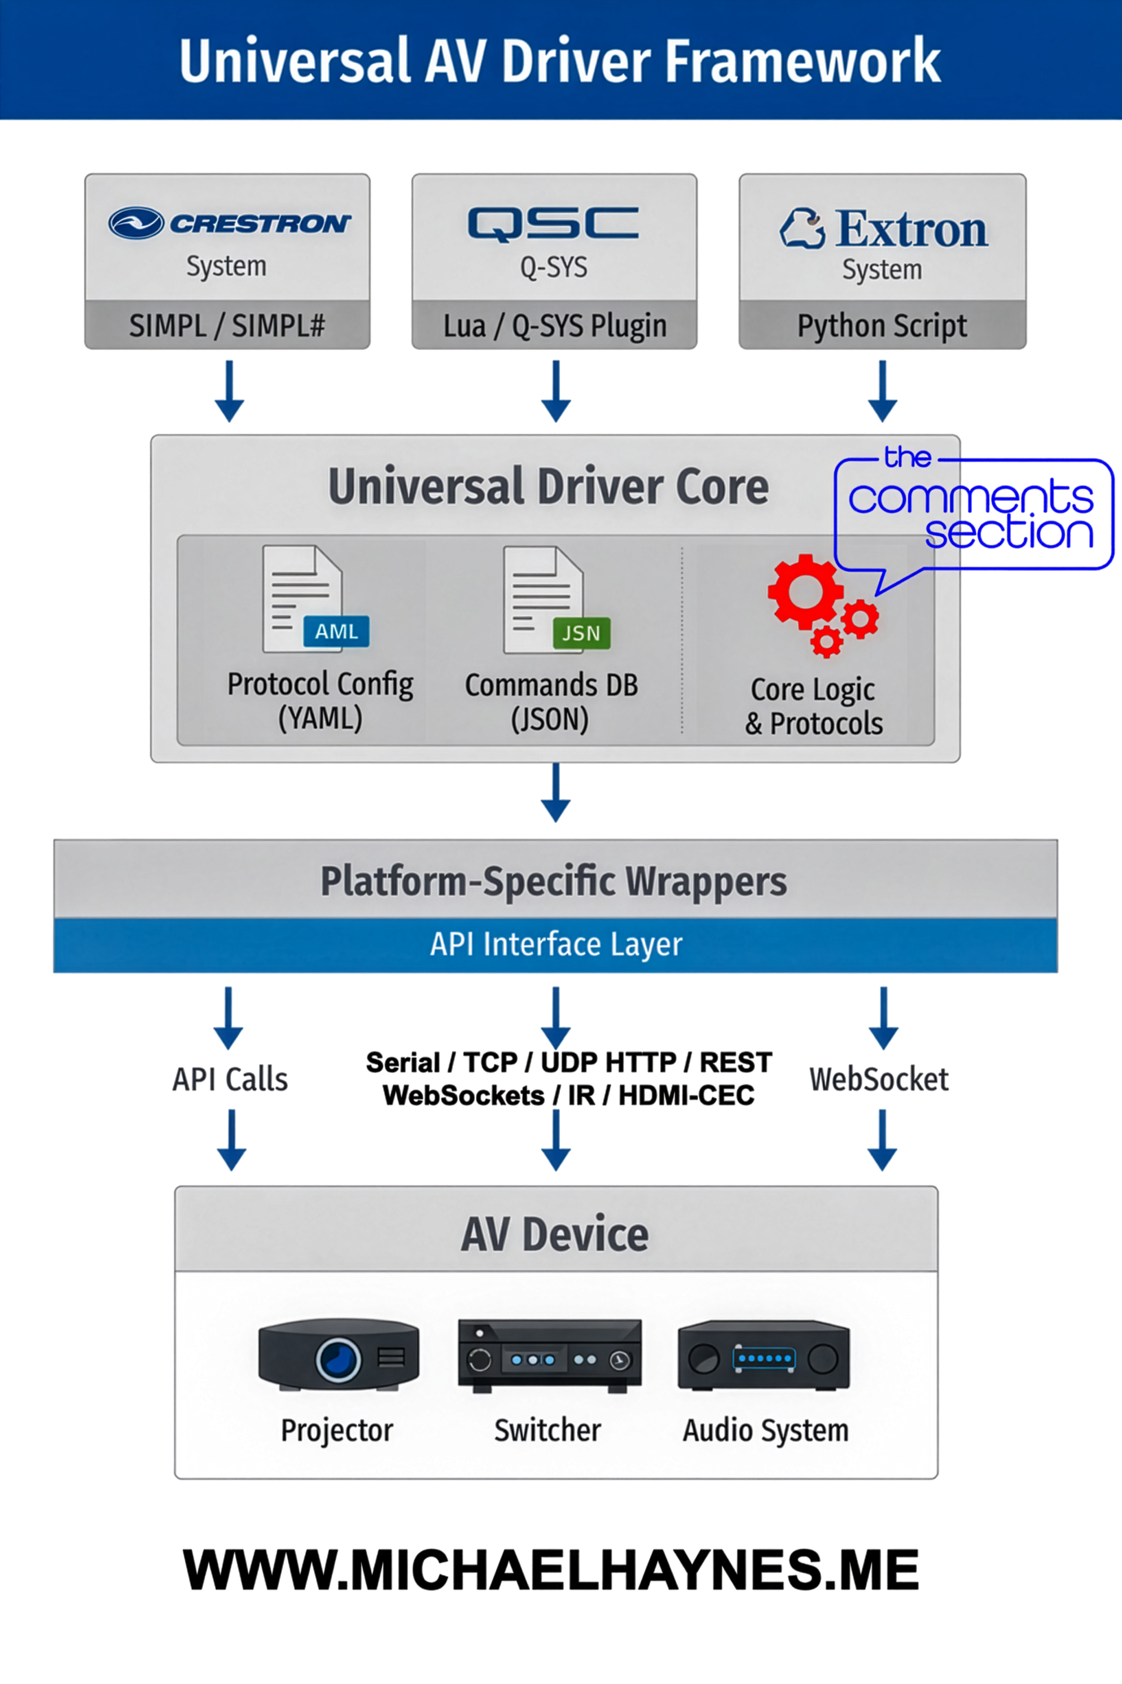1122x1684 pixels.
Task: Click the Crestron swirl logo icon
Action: click(136, 223)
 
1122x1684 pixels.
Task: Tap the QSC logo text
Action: click(553, 223)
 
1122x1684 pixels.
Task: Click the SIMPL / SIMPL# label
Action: click(227, 326)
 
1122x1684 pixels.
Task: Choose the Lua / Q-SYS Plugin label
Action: click(554, 326)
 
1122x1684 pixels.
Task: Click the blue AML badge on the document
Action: click(336, 631)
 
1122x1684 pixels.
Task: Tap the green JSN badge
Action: click(581, 633)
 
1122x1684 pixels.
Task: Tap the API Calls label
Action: click(230, 1079)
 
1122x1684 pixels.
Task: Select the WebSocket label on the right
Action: click(879, 1079)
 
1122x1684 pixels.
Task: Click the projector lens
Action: click(338, 1358)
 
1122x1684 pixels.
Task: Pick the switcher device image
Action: click(549, 1355)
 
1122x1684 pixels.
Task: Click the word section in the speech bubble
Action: click(1009, 533)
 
